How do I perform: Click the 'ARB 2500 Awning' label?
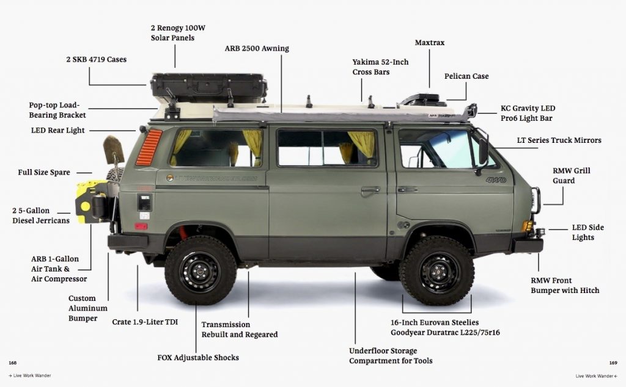tap(257, 49)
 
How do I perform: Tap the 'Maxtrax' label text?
tap(429, 43)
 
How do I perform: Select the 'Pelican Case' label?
tap(466, 76)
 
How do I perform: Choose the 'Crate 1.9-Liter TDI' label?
tap(145, 322)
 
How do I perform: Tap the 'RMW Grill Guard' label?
tap(571, 176)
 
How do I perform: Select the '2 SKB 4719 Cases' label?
tap(96, 60)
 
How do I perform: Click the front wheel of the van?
tap(436, 271)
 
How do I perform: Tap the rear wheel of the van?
tap(200, 270)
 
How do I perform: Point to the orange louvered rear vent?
tap(149, 148)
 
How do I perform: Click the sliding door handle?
tap(370, 191)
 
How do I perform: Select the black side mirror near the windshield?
tap(483, 151)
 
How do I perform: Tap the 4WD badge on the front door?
tap(496, 180)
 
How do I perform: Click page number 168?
tap(12, 363)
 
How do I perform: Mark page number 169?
tap(613, 363)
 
